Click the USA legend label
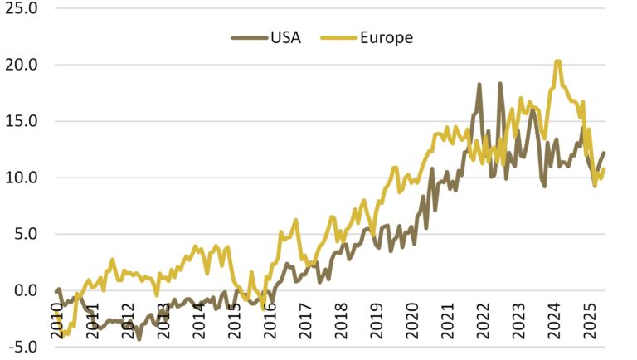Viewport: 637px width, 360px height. [284, 37]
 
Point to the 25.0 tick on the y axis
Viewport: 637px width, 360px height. [22, 8]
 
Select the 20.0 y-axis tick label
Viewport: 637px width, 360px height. [22, 65]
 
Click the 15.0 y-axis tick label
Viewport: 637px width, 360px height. [22, 121]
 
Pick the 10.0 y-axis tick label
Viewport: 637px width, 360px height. [22, 178]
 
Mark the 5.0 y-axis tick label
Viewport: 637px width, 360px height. [25, 234]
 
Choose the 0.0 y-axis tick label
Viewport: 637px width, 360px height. [25, 290]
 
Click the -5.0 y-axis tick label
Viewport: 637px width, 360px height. [22, 347]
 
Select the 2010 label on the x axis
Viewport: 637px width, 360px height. [56, 319]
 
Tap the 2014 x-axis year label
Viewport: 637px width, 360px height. [199, 319]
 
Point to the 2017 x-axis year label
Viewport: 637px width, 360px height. [306, 319]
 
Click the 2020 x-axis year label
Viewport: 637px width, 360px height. [413, 319]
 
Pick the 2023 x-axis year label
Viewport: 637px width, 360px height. [520, 319]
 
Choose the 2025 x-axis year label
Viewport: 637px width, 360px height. [591, 319]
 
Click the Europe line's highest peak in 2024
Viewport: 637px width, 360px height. [557, 61]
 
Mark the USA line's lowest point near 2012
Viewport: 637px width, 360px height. [139, 338]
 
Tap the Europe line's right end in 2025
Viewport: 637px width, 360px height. [604, 169]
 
